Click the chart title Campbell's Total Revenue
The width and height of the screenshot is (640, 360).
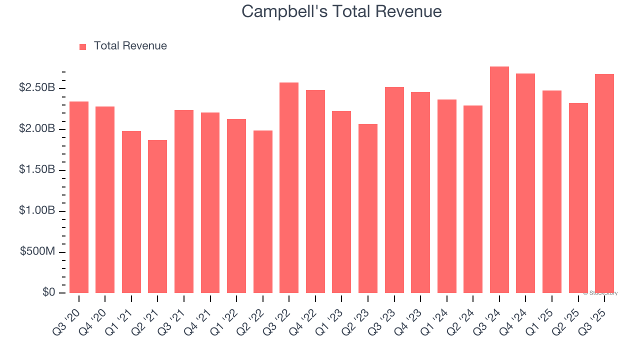pos(341,11)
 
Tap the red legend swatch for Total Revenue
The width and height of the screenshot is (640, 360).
pos(83,46)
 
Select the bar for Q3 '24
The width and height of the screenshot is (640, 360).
pos(499,180)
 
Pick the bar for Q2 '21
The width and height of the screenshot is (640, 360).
pos(157,216)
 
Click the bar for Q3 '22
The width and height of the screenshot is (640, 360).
pos(289,187)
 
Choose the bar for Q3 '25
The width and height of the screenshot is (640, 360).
pos(604,183)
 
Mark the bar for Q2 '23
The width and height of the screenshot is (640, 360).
pos(368,208)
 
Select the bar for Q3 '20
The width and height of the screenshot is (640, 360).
pos(79,197)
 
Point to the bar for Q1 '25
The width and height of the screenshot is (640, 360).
pos(552,191)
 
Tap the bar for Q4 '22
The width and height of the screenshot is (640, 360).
pos(315,191)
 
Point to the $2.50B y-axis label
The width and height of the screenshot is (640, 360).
pos(37,88)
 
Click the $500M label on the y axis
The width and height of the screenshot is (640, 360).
pos(37,251)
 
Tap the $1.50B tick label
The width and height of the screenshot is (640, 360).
pos(37,170)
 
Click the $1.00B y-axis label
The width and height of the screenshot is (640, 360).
pos(37,211)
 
